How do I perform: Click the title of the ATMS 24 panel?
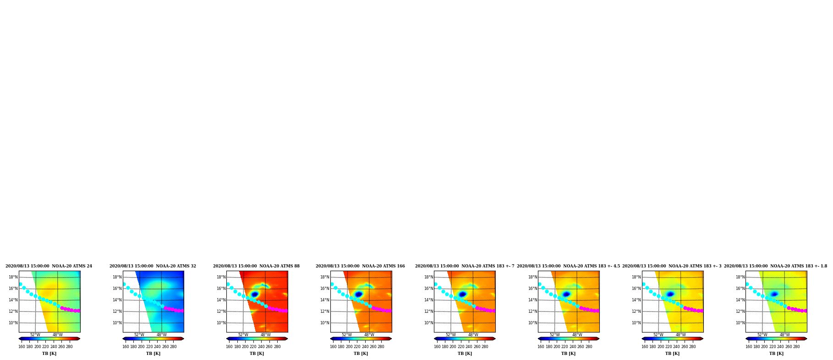tap(49, 266)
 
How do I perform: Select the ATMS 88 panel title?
tap(256, 266)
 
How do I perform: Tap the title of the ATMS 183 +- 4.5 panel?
tap(568, 266)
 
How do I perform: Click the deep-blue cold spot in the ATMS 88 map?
tap(255, 295)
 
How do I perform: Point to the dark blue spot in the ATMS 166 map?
tap(359, 295)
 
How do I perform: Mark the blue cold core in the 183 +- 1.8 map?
tap(774, 294)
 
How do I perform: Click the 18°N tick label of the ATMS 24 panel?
tap(13, 277)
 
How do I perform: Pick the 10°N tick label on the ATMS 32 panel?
tap(117, 323)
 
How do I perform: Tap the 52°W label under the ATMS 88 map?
tap(243, 335)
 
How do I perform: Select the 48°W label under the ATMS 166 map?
tap(369, 335)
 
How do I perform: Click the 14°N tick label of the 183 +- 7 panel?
tap(429, 300)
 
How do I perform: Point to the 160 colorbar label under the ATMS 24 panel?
tap(22, 347)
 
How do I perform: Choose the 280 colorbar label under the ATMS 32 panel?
tap(173, 347)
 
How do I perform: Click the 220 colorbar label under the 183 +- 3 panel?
tap(669, 347)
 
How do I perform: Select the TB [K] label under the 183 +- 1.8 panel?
tap(776, 354)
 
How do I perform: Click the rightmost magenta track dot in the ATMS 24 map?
tap(79, 311)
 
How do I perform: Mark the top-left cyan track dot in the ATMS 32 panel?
tap(124, 284)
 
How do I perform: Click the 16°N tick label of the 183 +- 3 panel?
tap(636, 289)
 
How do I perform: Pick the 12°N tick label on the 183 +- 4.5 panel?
tap(532, 311)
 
